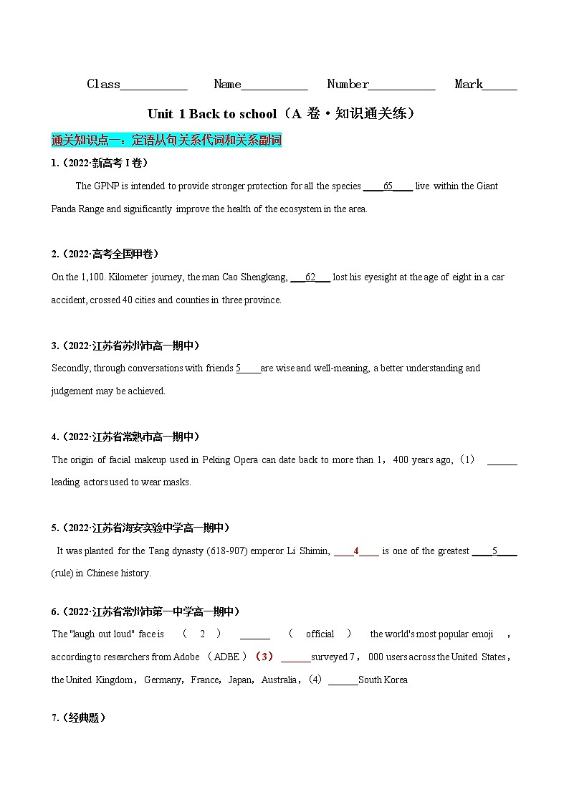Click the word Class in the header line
tap(103, 85)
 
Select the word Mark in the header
tap(469, 85)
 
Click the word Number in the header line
tap(348, 85)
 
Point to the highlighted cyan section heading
tap(166, 140)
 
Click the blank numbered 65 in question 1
tap(388, 186)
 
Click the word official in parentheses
tap(320, 634)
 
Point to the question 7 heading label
tap(79, 718)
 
